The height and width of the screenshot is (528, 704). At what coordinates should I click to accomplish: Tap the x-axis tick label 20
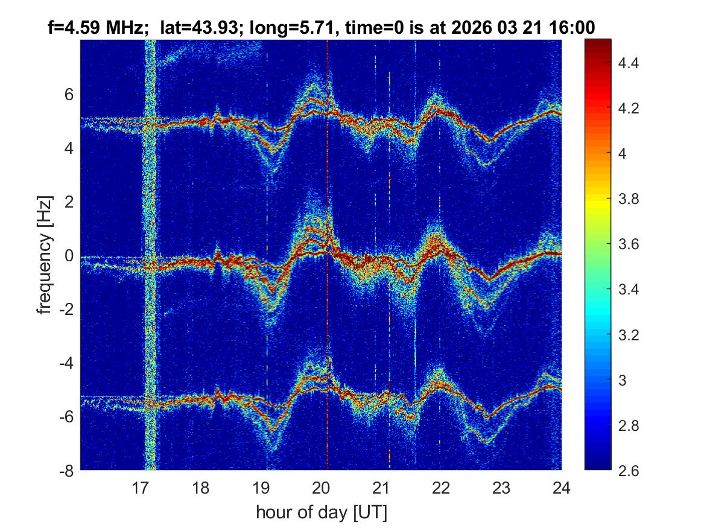(321, 487)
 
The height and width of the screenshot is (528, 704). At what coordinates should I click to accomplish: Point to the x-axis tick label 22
(441, 487)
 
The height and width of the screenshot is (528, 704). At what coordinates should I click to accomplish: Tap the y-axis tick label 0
(68, 256)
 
